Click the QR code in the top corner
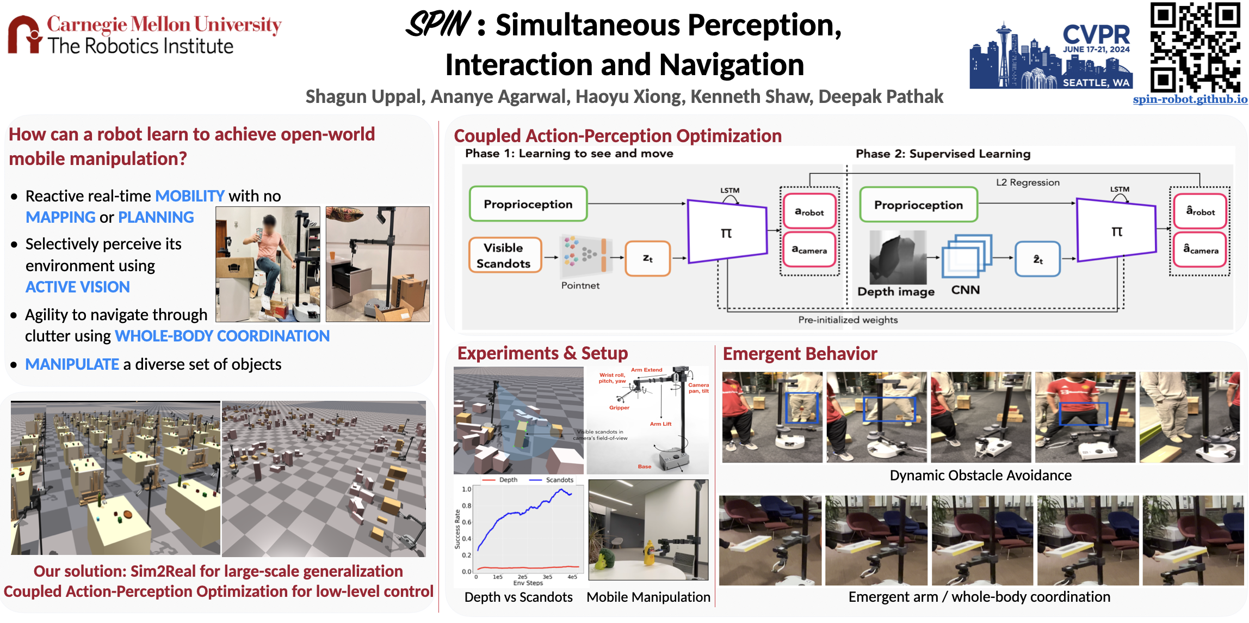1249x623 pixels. tap(1195, 47)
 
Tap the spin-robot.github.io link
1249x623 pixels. tap(1190, 99)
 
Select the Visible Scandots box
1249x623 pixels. tap(505, 255)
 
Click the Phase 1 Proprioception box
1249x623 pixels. tap(528, 204)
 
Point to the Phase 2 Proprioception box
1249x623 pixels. tap(918, 205)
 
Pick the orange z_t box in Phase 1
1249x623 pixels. tap(647, 258)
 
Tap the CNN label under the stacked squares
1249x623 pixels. tap(965, 290)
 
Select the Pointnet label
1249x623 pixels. tap(580, 285)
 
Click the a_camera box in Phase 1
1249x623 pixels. tap(809, 250)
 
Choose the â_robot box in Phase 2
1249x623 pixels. tap(1199, 211)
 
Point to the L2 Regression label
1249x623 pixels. tap(1027, 182)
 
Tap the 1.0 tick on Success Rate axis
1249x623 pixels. tap(466, 489)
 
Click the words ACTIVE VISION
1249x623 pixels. tap(78, 287)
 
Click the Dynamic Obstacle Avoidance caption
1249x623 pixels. tap(980, 475)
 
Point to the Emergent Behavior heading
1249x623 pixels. tap(800, 354)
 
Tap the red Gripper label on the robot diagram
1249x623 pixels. tap(619, 407)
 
